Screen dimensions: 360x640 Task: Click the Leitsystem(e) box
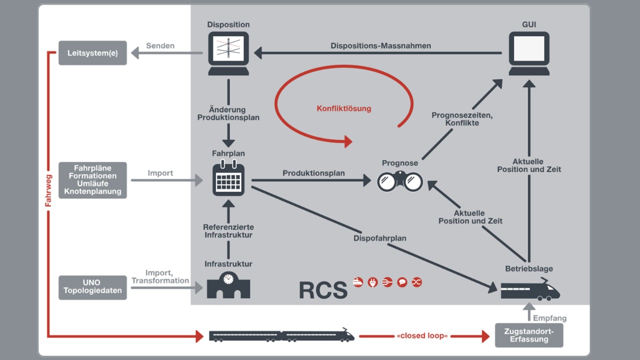(92, 53)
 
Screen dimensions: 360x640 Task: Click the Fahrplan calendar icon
(228, 179)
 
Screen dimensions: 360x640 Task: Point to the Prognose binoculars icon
(400, 181)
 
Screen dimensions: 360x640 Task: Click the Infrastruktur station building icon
(228, 286)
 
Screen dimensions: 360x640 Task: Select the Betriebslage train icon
(530, 290)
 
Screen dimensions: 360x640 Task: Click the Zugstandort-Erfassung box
(529, 335)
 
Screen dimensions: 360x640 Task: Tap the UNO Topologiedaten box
(92, 287)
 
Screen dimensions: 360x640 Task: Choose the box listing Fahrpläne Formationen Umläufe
(92, 180)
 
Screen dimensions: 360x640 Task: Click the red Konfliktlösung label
(344, 108)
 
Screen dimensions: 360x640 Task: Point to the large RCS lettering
(323, 290)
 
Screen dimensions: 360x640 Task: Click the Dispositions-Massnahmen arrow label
(380, 46)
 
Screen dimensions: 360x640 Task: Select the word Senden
(160, 46)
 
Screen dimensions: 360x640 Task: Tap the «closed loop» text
(422, 335)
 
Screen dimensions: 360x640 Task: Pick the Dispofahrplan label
(380, 238)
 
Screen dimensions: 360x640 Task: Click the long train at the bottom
(281, 335)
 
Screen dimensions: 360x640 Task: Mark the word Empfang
(549, 318)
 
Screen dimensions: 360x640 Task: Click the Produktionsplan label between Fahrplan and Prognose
(313, 173)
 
